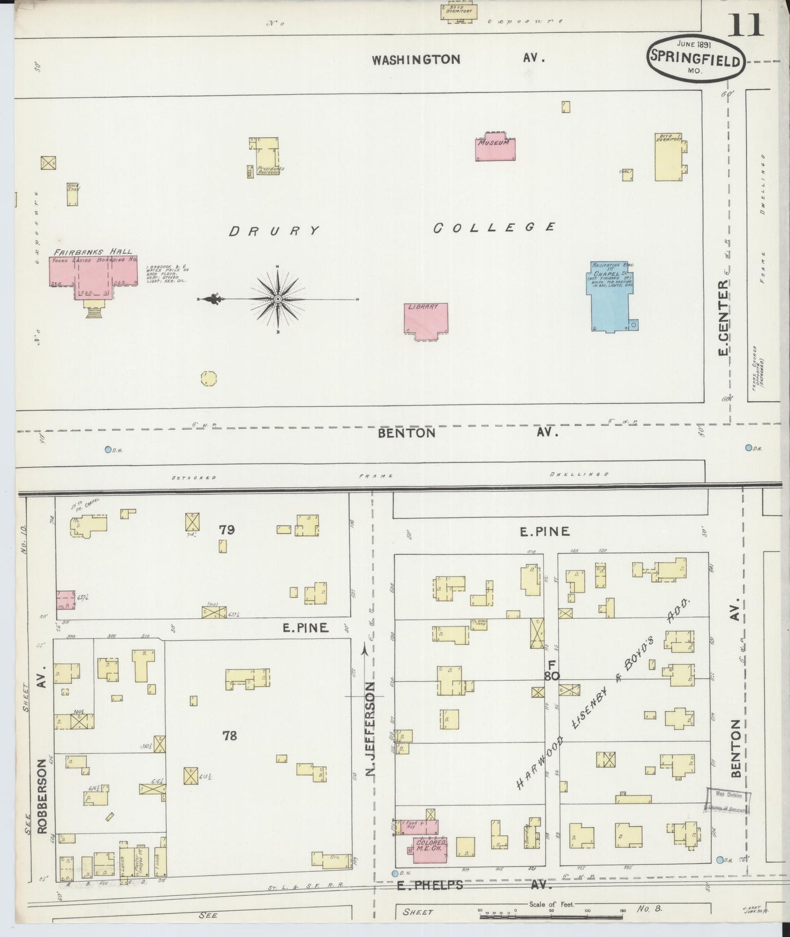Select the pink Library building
[x=425, y=319]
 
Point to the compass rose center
[x=278, y=299]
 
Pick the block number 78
[x=230, y=735]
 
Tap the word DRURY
[x=274, y=231]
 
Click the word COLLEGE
[x=495, y=227]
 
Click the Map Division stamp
[x=728, y=801]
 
